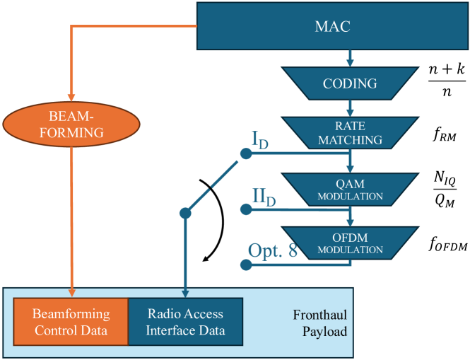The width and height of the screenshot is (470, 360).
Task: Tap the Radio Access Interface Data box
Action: (x=184, y=320)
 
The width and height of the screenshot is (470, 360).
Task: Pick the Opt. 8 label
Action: (x=272, y=250)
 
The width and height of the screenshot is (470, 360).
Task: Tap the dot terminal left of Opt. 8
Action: (x=245, y=265)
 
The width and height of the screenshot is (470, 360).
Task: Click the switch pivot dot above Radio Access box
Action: (x=184, y=212)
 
